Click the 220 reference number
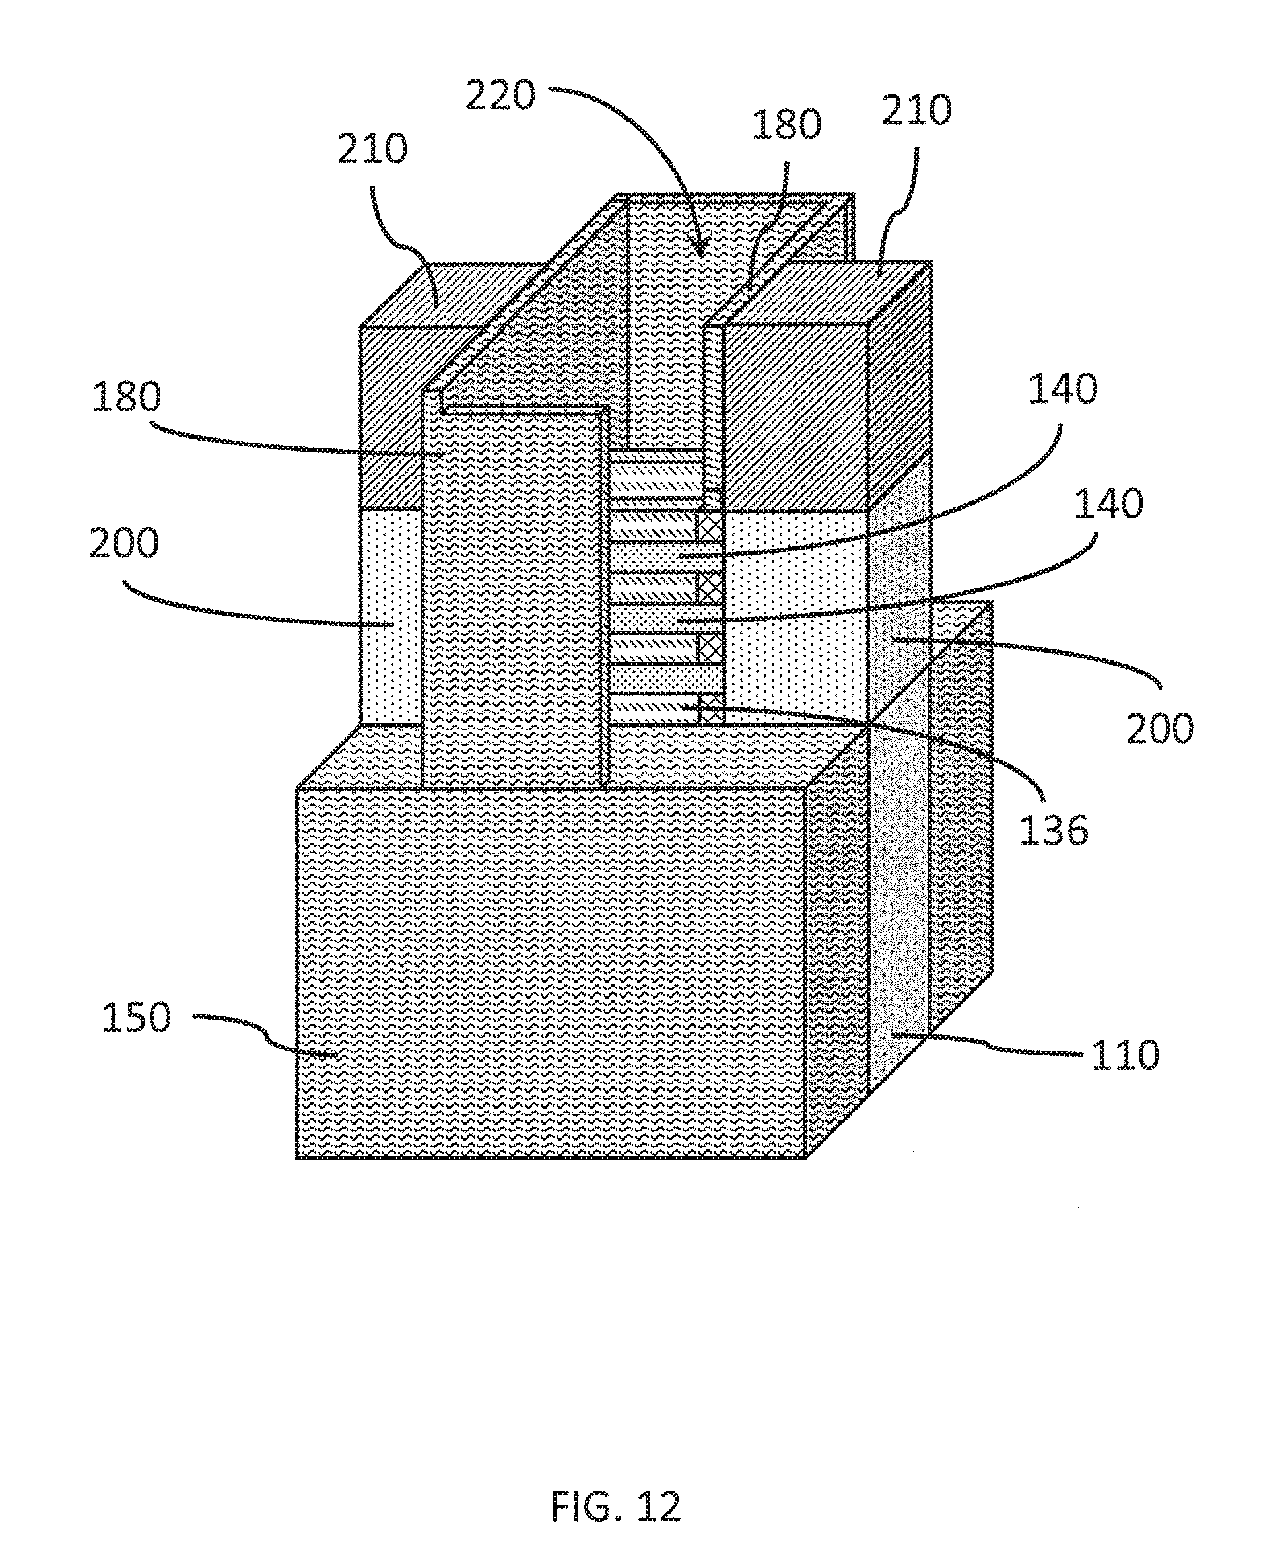(500, 96)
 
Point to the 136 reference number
(1054, 830)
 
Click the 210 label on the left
(373, 149)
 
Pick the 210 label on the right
(917, 110)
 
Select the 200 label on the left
(124, 543)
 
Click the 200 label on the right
(1159, 728)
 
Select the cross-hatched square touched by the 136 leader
(710, 709)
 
